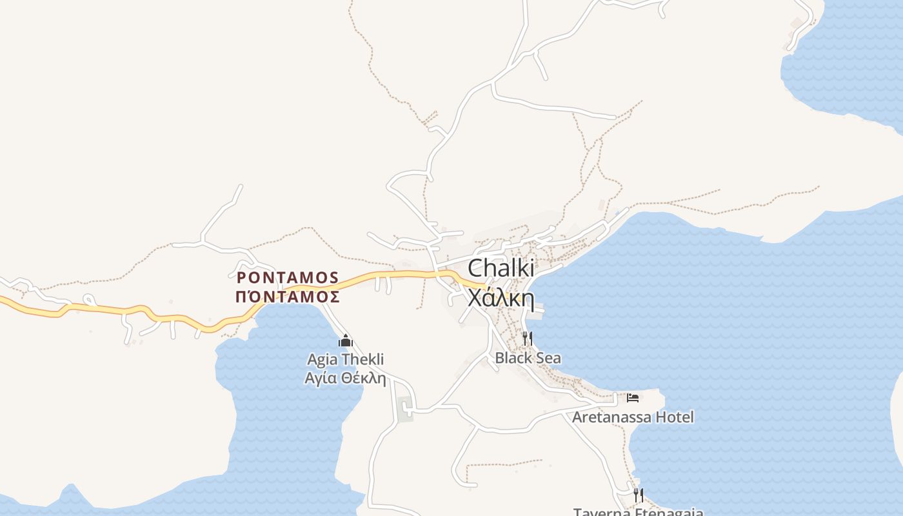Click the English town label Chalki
(501, 268)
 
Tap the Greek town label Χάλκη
(501, 297)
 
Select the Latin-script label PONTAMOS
(288, 277)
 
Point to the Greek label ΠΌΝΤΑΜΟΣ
(288, 297)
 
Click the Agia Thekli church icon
(345, 341)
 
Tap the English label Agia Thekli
(345, 359)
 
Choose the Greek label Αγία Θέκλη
(345, 377)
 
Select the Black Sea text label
(528, 358)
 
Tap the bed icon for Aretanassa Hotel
(633, 397)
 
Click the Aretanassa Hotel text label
(633, 417)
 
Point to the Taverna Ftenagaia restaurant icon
(639, 495)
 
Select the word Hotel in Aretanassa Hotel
(675, 417)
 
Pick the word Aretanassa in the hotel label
(611, 417)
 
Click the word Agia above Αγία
(322, 359)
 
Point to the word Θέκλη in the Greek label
(364, 377)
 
